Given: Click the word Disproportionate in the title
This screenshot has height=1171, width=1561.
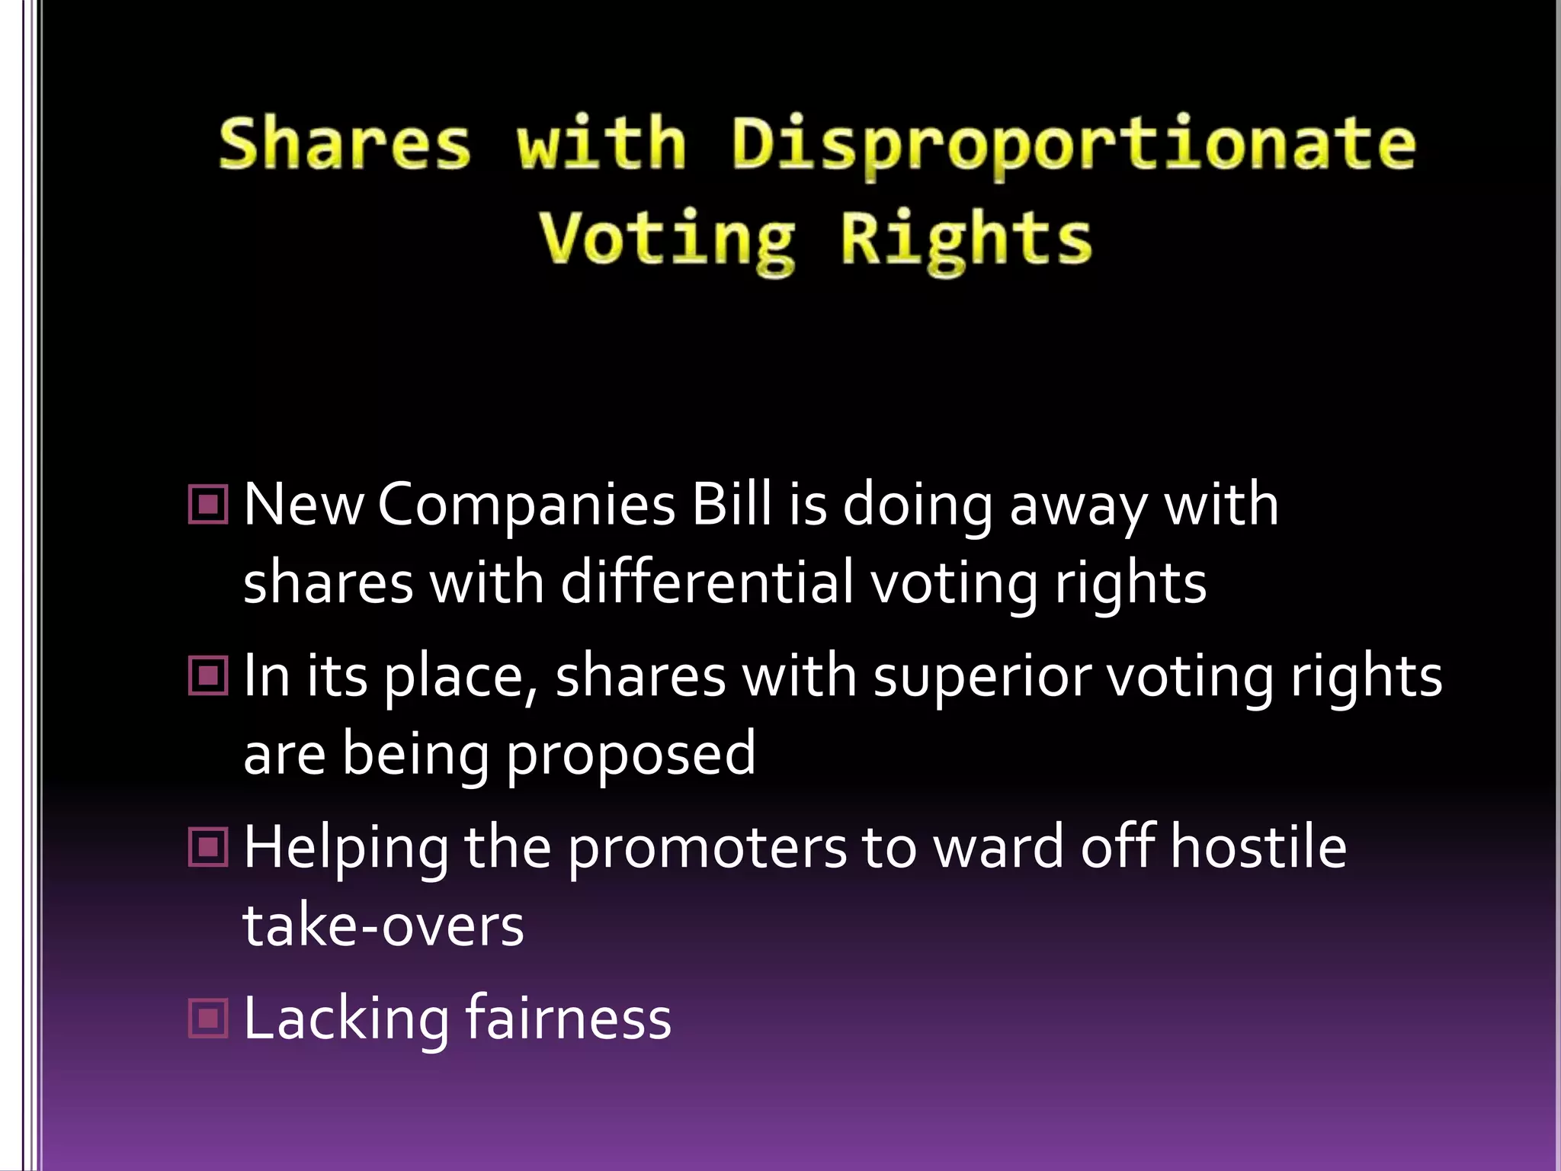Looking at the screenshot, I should point(1073,145).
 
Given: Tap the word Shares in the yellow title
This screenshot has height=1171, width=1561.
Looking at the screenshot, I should point(345,143).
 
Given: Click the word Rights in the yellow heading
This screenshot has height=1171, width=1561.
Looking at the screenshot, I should point(966,239).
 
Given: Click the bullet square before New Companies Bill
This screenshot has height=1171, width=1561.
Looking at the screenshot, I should point(207,505).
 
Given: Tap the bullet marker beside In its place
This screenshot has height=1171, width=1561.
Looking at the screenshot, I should point(207,675).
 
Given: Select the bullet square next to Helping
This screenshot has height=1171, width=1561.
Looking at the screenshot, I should point(207,847).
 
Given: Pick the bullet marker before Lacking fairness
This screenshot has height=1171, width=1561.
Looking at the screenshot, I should point(207,1019).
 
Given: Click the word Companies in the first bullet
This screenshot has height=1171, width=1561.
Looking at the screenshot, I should point(526,505).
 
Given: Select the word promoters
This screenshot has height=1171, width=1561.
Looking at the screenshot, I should point(707,849).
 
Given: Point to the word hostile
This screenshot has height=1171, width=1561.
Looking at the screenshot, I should point(1258,847).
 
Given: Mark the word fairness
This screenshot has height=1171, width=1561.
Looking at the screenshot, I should point(568,1019).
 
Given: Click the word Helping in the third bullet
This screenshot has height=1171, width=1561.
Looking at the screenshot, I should point(346,849).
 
